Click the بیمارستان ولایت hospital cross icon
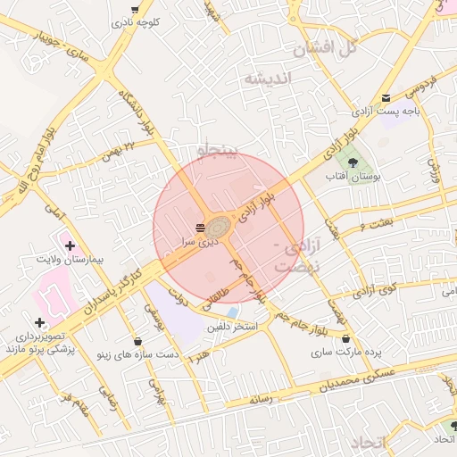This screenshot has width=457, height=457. point(70,245)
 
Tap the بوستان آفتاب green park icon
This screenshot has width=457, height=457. point(354,163)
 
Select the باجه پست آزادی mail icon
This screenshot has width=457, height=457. point(386,97)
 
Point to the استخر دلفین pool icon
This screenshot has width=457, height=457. point(232,313)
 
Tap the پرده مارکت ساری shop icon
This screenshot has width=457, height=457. point(345,339)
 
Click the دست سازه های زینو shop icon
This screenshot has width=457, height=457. point(137,341)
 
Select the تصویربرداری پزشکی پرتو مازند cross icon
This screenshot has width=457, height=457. point(39,322)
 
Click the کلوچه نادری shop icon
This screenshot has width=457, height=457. point(135,10)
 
